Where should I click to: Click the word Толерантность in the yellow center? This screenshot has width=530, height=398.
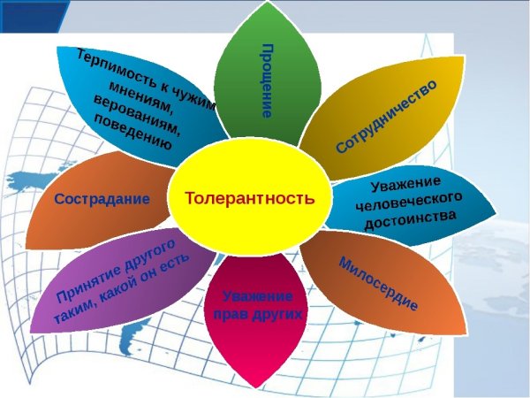250,198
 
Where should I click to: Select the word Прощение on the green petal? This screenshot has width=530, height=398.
267,80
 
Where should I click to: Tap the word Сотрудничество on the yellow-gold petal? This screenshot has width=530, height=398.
386,116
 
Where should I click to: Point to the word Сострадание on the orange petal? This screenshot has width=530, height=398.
102,199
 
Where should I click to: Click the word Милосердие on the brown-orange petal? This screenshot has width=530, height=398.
378,284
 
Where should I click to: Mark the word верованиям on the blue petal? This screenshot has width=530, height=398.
136,115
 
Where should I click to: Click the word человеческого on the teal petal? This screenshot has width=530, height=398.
409,201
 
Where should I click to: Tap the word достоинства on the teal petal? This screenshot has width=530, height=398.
411,219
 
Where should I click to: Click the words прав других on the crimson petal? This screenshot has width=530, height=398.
258,314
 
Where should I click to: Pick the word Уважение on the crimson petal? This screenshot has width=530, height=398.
258,296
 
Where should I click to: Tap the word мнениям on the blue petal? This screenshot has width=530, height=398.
141,96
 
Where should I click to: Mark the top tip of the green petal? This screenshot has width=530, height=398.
268,2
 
